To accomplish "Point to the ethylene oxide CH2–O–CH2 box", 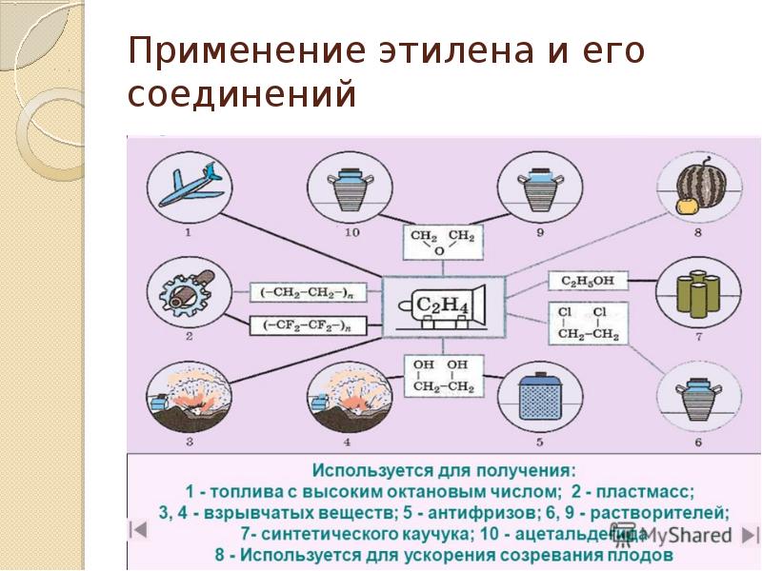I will click(x=441, y=242).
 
